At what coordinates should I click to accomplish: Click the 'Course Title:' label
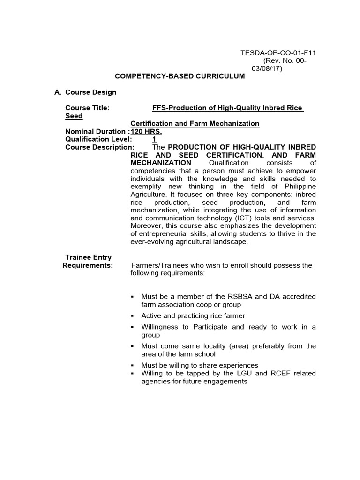tap(87, 108)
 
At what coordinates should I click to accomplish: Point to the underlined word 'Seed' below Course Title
tap(74, 116)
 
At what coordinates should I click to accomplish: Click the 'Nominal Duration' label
tap(96, 131)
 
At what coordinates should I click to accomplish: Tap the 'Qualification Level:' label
tap(98, 139)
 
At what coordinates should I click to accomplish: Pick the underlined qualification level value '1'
tap(154, 139)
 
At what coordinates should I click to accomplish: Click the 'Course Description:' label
tap(100, 147)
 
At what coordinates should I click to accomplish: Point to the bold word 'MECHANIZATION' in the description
tap(161, 163)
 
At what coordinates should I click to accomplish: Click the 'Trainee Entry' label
tap(88, 257)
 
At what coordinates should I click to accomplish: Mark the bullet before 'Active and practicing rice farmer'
tap(133, 316)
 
